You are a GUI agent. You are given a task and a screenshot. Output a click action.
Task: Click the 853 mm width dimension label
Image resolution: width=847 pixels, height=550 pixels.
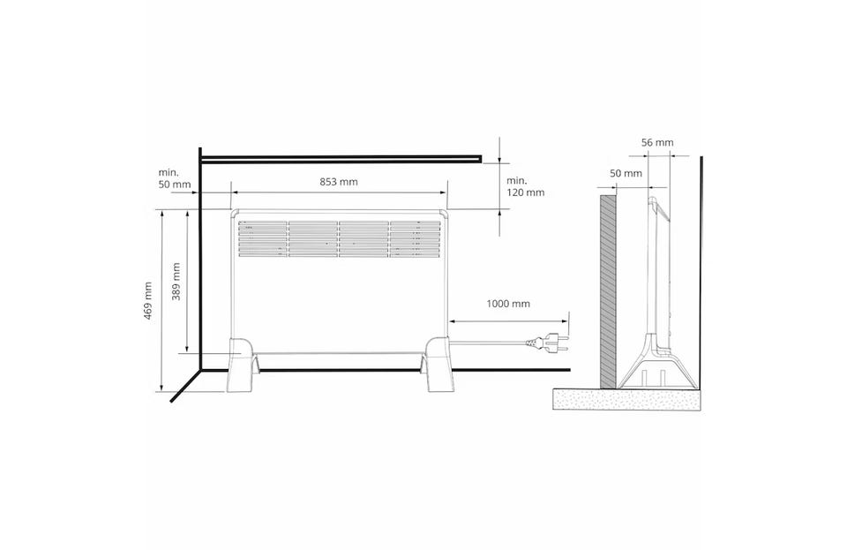pyautogui.click(x=339, y=182)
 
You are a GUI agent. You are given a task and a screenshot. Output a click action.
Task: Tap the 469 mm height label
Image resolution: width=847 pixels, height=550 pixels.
pyautogui.click(x=148, y=301)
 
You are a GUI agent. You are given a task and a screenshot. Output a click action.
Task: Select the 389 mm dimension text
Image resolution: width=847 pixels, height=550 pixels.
pyautogui.click(x=176, y=282)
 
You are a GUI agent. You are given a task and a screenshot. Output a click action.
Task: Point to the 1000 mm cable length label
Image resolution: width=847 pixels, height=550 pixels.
pyautogui.click(x=508, y=304)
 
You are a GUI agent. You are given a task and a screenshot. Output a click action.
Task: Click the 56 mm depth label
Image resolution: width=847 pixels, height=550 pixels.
pyautogui.click(x=657, y=143)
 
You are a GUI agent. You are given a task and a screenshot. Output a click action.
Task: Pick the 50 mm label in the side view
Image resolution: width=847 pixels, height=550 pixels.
pyautogui.click(x=626, y=173)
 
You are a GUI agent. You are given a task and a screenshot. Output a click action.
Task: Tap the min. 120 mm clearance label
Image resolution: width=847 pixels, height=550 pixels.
pyautogui.click(x=525, y=186)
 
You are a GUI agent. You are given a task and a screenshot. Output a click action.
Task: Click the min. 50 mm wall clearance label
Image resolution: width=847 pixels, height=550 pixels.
pyautogui.click(x=175, y=178)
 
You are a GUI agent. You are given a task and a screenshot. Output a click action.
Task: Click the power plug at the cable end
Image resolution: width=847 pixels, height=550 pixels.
pyautogui.click(x=547, y=343)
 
